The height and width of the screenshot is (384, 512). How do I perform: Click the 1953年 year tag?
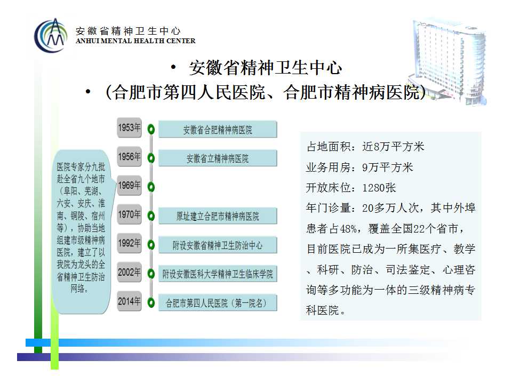129,127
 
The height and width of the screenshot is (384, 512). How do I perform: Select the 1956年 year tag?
129,157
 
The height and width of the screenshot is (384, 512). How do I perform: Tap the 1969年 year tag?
129,186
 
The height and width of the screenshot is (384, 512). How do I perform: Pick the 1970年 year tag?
129,214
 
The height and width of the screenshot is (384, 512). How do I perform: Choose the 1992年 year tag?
129,243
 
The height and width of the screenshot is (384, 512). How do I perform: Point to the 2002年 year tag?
129,273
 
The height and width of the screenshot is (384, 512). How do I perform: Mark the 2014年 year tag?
129,301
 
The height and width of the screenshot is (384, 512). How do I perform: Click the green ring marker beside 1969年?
151,187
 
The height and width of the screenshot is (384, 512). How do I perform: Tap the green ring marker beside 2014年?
151,303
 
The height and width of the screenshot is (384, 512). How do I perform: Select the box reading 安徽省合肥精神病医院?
218,130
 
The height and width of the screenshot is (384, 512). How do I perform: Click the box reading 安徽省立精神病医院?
218,158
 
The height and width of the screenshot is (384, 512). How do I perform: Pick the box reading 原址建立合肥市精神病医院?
218,216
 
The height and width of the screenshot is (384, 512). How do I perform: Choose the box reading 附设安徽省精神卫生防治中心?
218,245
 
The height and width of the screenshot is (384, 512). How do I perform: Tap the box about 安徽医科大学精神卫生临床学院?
218,274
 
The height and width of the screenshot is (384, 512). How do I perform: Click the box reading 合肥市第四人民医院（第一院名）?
218,303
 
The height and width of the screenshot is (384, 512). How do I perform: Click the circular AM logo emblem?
51,35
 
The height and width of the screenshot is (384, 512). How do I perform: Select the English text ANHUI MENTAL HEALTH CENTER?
135,41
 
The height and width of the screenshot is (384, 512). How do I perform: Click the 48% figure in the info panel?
348,229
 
